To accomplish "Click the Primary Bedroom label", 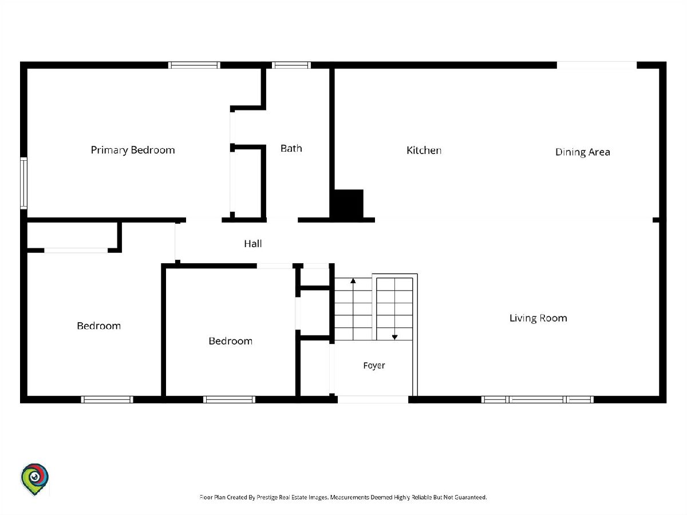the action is tap(133, 150).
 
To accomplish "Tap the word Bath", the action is tap(291, 148).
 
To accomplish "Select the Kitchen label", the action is tap(424, 150).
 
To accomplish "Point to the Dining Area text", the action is tap(582, 152).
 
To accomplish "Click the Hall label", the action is tap(253, 244).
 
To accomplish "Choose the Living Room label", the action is tap(538, 318).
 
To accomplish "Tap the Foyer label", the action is tap(374, 366).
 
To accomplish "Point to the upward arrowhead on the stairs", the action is tap(353, 281).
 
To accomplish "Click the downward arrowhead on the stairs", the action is tap(394, 337).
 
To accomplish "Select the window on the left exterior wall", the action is tap(24, 183).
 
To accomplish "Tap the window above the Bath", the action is tap(291, 65).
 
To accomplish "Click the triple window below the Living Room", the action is tap(537, 399).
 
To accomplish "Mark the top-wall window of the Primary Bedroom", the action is tap(194, 65).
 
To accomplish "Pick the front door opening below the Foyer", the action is tap(373, 399).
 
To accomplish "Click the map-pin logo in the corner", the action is tap(34, 479).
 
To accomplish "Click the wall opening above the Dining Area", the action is tap(597, 65).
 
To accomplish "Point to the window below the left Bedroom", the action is tap(107, 399).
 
